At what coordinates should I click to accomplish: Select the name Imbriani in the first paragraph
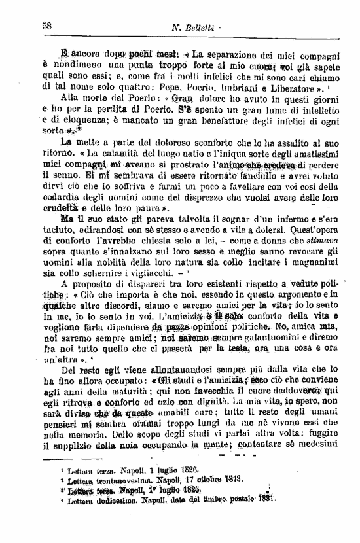[242, 84]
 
